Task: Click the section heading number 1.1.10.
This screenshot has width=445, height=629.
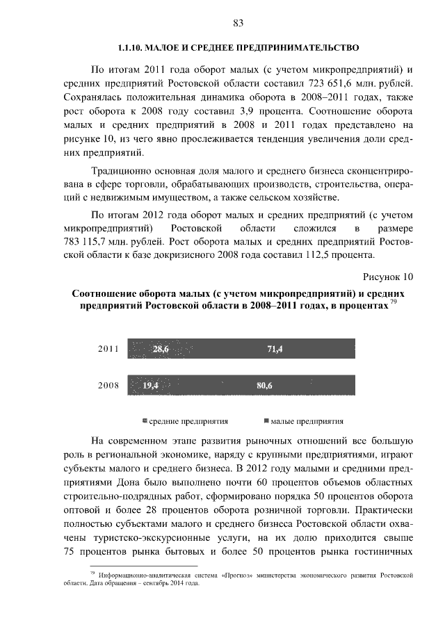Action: pos(129,48)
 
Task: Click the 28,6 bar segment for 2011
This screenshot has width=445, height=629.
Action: pos(161,349)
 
